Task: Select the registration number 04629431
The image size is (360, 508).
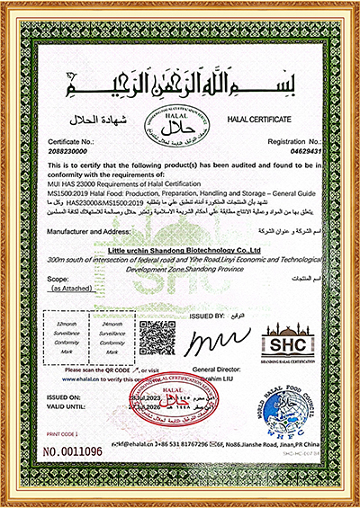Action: click(x=290, y=155)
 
